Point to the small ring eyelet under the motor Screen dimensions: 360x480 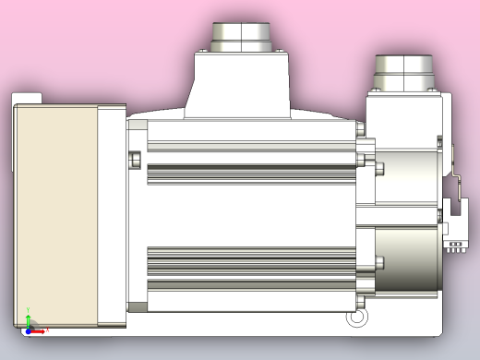(355, 318)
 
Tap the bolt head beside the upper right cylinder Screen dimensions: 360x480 (378, 168)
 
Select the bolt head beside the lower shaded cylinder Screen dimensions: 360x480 (377, 262)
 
